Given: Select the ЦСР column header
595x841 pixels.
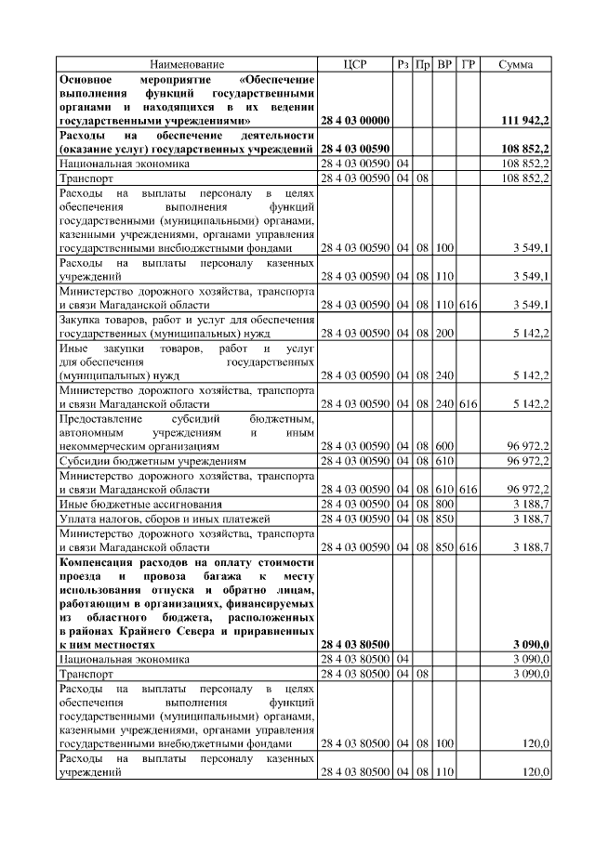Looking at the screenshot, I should click(x=355, y=64).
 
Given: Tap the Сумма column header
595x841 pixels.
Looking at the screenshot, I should click(x=516, y=64).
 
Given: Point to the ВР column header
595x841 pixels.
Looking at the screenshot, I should click(x=445, y=64).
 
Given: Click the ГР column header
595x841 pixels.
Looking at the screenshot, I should click(x=468, y=64).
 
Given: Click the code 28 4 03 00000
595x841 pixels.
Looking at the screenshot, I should click(x=355, y=121).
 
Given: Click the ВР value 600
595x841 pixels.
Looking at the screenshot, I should click(x=445, y=446).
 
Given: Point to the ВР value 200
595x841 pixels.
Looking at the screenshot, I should click(x=445, y=332).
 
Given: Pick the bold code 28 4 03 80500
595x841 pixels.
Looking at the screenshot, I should click(x=355, y=644).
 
